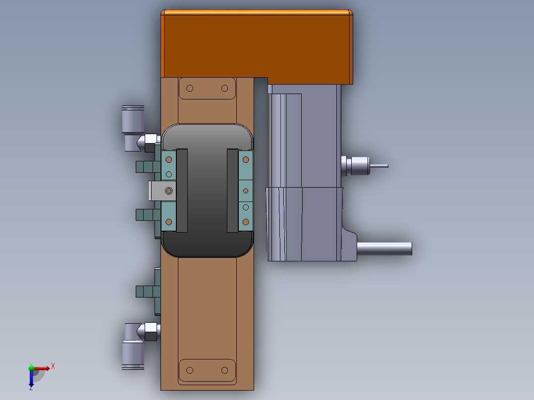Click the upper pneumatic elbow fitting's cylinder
point(133,119)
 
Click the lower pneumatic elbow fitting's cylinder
point(133,355)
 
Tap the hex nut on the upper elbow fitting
point(151,143)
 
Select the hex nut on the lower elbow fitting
point(151,332)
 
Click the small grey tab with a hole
point(162,191)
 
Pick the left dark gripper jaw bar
point(182,191)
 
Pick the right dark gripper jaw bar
point(233,191)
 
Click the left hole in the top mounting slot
point(190,89)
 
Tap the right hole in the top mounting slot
point(224,89)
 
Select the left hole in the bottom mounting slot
point(190,370)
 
